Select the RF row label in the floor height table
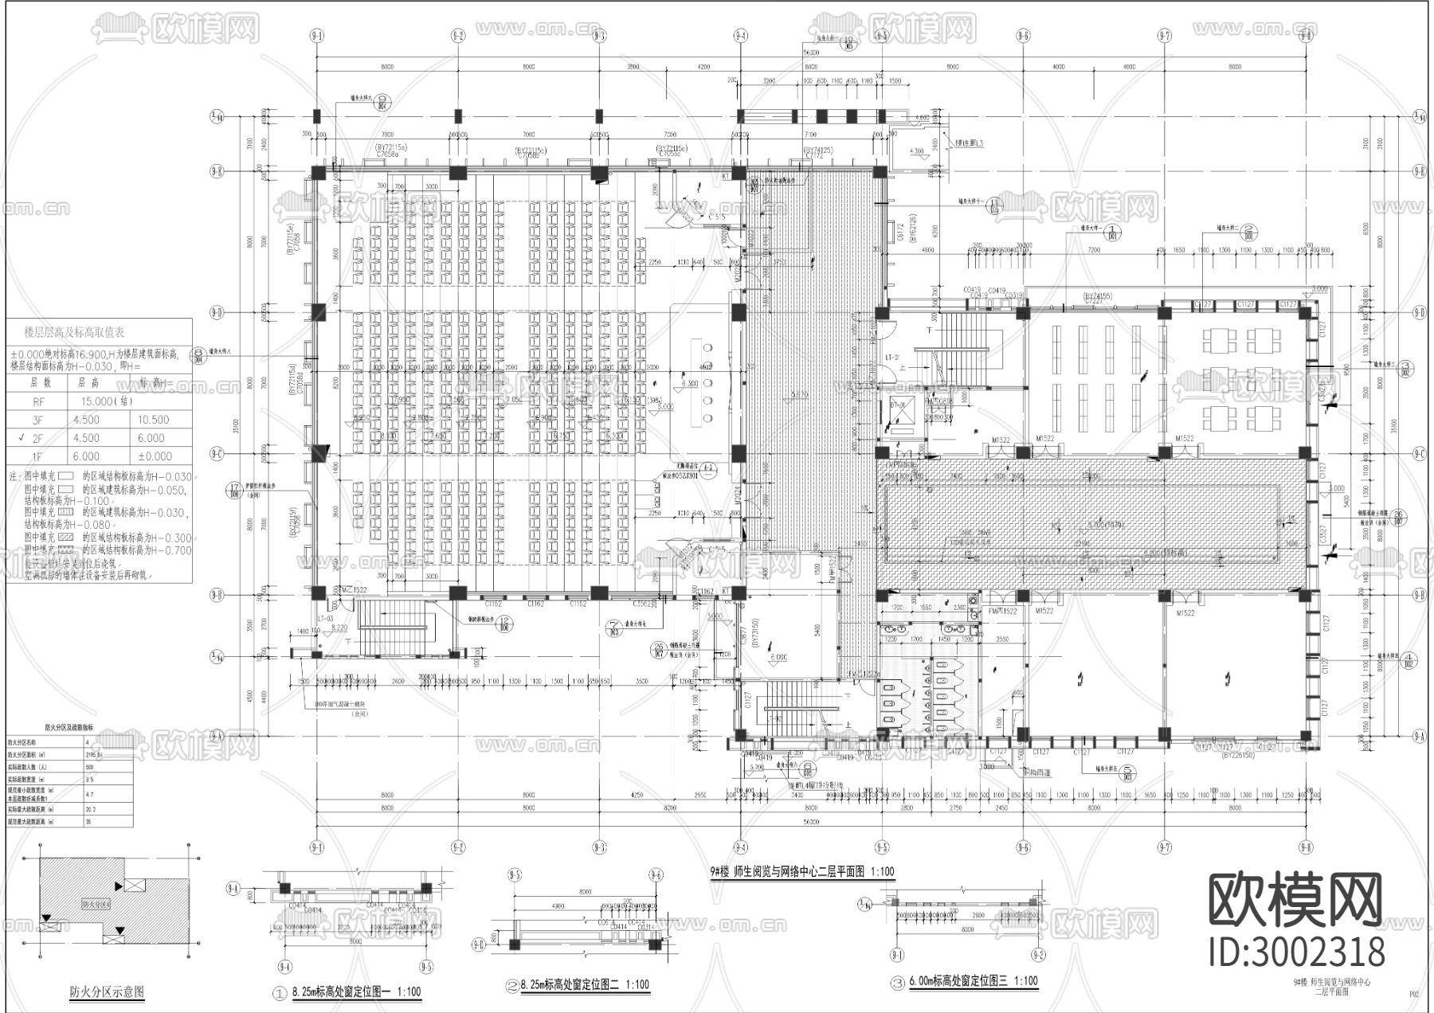[39, 401]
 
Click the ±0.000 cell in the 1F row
[153, 456]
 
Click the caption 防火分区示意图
[107, 992]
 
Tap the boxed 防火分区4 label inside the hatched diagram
[96, 905]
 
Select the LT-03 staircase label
[325, 619]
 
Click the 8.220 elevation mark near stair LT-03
[339, 628]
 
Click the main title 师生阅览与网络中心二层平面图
[801, 871]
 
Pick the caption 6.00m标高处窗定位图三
[973, 981]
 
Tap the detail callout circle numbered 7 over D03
[613, 628]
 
